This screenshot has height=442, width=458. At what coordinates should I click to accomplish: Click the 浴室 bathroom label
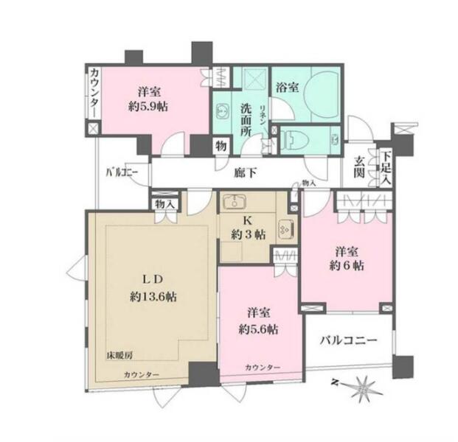pos(288,87)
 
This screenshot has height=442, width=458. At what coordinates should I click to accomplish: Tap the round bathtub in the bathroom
pos(321,94)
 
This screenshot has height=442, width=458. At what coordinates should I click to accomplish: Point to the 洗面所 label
pos(246,120)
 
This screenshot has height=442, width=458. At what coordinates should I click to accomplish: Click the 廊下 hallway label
pos(246,173)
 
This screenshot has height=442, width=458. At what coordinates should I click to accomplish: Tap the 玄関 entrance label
pos(359,167)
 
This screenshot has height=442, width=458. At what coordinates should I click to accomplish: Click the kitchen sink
pos(235,202)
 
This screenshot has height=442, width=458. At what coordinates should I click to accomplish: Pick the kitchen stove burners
pos(285,228)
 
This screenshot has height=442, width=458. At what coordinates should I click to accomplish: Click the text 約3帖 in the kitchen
pos(248,234)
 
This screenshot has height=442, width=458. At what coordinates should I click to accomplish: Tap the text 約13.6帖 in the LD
pos(153,297)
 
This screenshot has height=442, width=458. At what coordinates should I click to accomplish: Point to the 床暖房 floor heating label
pos(119,356)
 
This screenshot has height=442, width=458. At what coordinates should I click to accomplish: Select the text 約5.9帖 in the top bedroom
pos(148,107)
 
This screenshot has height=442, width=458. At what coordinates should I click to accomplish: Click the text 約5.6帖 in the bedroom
pos(258,329)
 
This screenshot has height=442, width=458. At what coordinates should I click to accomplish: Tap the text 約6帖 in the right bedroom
pos(347,265)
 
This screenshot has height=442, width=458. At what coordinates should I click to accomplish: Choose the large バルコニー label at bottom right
pos(348,340)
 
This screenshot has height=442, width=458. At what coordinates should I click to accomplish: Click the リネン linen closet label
pos(263,116)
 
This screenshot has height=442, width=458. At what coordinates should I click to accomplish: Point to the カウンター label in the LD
pos(142,375)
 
